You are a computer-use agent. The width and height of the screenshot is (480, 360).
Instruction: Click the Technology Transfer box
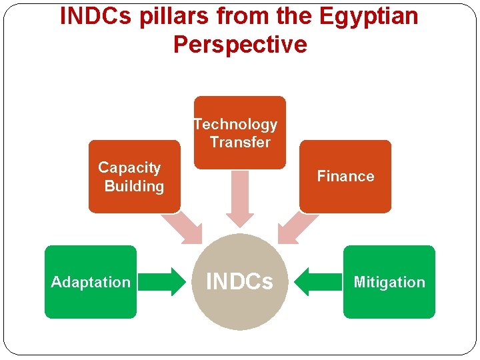pos(239,132)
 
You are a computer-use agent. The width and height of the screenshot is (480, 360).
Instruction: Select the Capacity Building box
pos(134,177)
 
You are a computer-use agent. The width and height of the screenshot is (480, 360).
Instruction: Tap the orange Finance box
pos(345,177)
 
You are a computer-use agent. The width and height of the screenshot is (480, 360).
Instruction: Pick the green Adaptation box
pos(91,282)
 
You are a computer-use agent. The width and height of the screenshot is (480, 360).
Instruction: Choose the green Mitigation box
pos(389,282)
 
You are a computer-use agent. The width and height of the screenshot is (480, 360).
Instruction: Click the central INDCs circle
pos(240,282)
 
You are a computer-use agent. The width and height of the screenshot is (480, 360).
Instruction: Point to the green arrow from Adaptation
pos(163,282)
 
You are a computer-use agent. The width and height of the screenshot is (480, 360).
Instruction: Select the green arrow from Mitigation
pos(316,282)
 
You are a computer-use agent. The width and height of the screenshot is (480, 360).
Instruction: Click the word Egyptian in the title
pos(366,16)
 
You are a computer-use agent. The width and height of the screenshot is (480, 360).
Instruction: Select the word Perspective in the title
pos(240,45)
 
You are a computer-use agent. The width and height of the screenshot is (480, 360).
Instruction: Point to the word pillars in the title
pos(169,16)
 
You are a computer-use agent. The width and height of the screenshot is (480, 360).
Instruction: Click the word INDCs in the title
pos(97,16)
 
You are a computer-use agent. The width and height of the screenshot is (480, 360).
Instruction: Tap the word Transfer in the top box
pos(240,142)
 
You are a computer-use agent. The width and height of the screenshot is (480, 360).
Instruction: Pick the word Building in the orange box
pos(134,186)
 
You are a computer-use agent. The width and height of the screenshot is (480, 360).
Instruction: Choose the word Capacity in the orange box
pos(129,168)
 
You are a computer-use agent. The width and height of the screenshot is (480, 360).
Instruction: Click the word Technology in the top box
pos(235,125)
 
